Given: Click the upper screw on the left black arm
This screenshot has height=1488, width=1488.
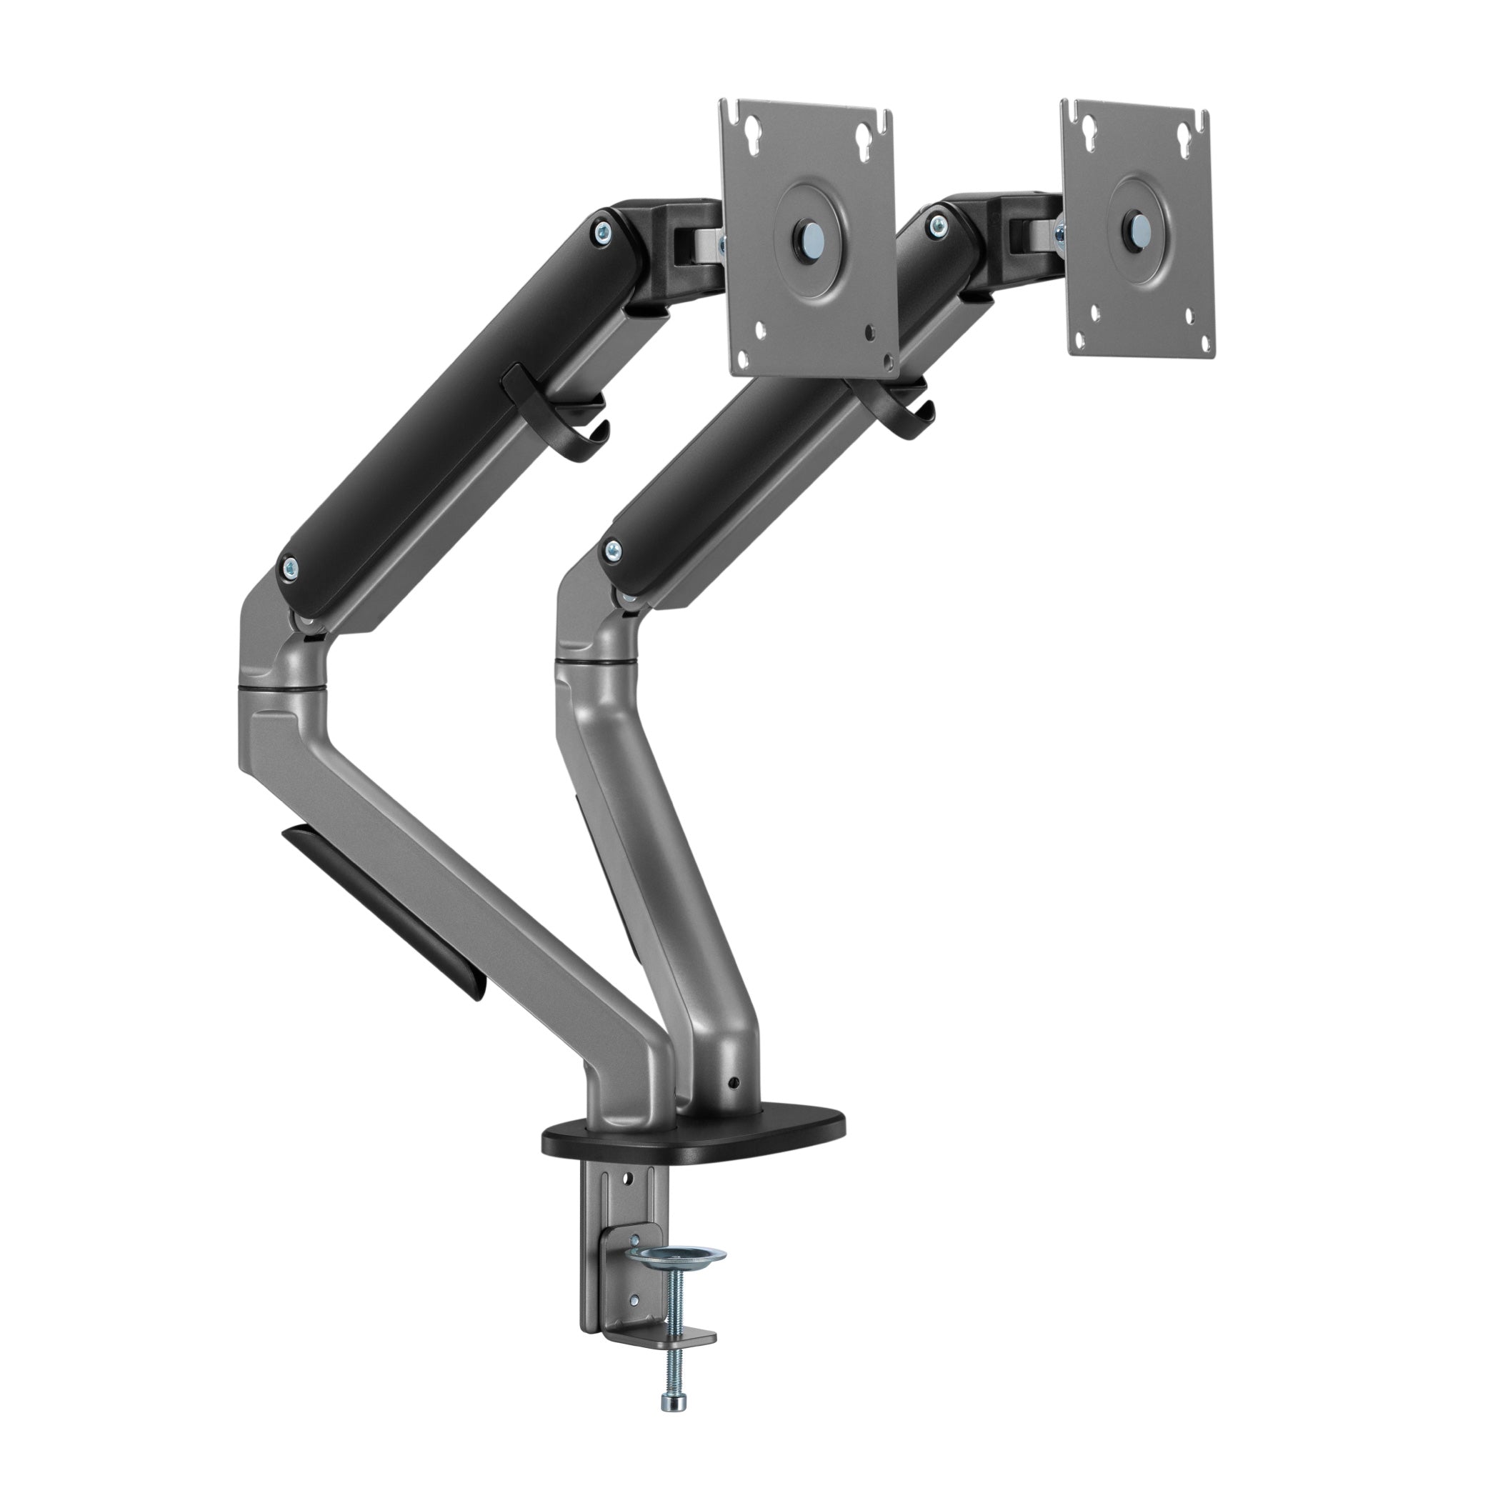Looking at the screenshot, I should (x=602, y=229).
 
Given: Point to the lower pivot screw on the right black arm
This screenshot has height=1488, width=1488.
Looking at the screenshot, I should (x=612, y=549).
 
